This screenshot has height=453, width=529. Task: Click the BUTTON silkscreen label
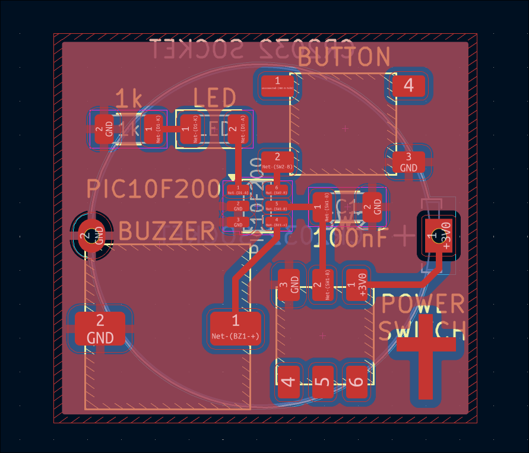point(344,58)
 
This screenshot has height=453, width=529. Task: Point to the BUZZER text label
point(167,230)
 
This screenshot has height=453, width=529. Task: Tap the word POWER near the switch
point(422,304)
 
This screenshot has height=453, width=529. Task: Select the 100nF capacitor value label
point(350,239)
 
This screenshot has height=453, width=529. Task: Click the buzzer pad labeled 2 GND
point(100,328)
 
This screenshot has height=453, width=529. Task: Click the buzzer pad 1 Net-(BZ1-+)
point(236,328)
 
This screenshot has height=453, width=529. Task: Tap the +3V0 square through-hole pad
point(439,236)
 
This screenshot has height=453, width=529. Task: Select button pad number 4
point(408,85)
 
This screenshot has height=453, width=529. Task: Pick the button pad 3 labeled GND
point(408,161)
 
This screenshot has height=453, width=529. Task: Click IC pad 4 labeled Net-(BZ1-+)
point(276,223)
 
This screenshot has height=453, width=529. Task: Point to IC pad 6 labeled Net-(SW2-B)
point(276,191)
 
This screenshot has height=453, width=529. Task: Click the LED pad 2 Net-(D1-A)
point(236,128)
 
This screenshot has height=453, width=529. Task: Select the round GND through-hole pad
point(91,236)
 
